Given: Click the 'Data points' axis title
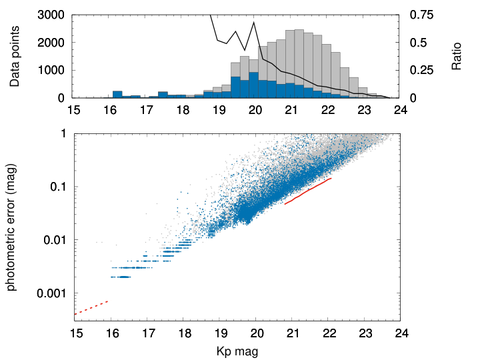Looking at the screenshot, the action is [14, 56].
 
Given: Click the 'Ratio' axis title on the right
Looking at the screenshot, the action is [456, 56].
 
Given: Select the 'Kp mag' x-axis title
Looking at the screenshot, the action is [237, 351].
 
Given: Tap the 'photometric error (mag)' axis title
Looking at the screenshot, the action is [11, 228].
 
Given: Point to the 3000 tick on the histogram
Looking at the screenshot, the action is [51, 15].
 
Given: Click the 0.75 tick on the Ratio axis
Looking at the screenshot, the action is [421, 15].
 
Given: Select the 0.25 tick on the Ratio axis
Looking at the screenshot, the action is [421, 70].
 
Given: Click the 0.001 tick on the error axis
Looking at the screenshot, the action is [51, 293].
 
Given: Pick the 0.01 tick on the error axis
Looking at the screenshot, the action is [55, 240].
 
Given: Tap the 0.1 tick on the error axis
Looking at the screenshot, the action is [58, 187].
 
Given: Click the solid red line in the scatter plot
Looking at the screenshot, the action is [308, 191].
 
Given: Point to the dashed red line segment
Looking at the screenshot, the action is [91, 307].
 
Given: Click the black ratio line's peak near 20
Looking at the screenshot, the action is [254, 23].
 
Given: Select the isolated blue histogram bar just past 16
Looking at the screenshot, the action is [117, 94].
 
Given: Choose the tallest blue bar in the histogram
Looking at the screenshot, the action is [253, 85].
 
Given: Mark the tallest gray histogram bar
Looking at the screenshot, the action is [299, 64].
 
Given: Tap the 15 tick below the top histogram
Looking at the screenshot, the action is [74, 109].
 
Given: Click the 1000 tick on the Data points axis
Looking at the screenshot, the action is [51, 70].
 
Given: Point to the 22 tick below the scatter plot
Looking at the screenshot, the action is [329, 333].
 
